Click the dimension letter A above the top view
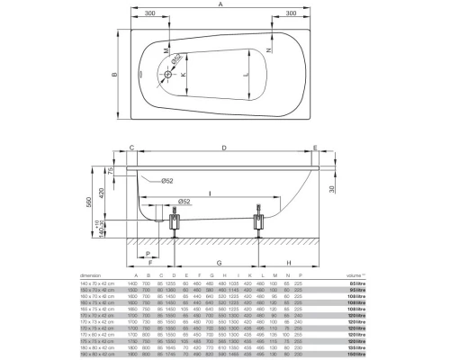(x=221, y=4)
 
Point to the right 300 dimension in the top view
(x=292, y=15)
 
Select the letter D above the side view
(x=223, y=148)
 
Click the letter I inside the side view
(x=208, y=192)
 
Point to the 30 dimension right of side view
(x=331, y=189)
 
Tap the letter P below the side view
(x=147, y=253)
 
